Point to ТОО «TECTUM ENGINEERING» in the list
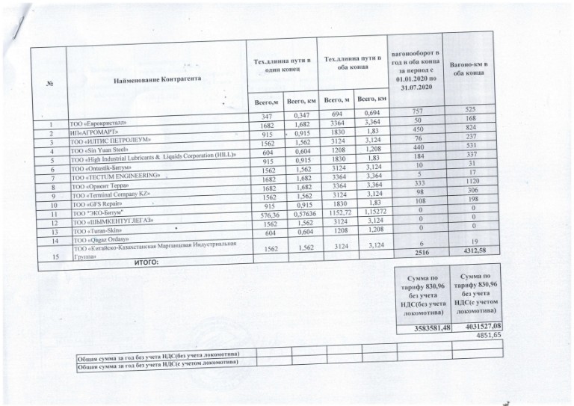[115, 177]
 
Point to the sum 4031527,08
[478, 327]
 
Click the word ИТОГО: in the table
[150, 263]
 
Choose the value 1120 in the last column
[471, 182]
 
